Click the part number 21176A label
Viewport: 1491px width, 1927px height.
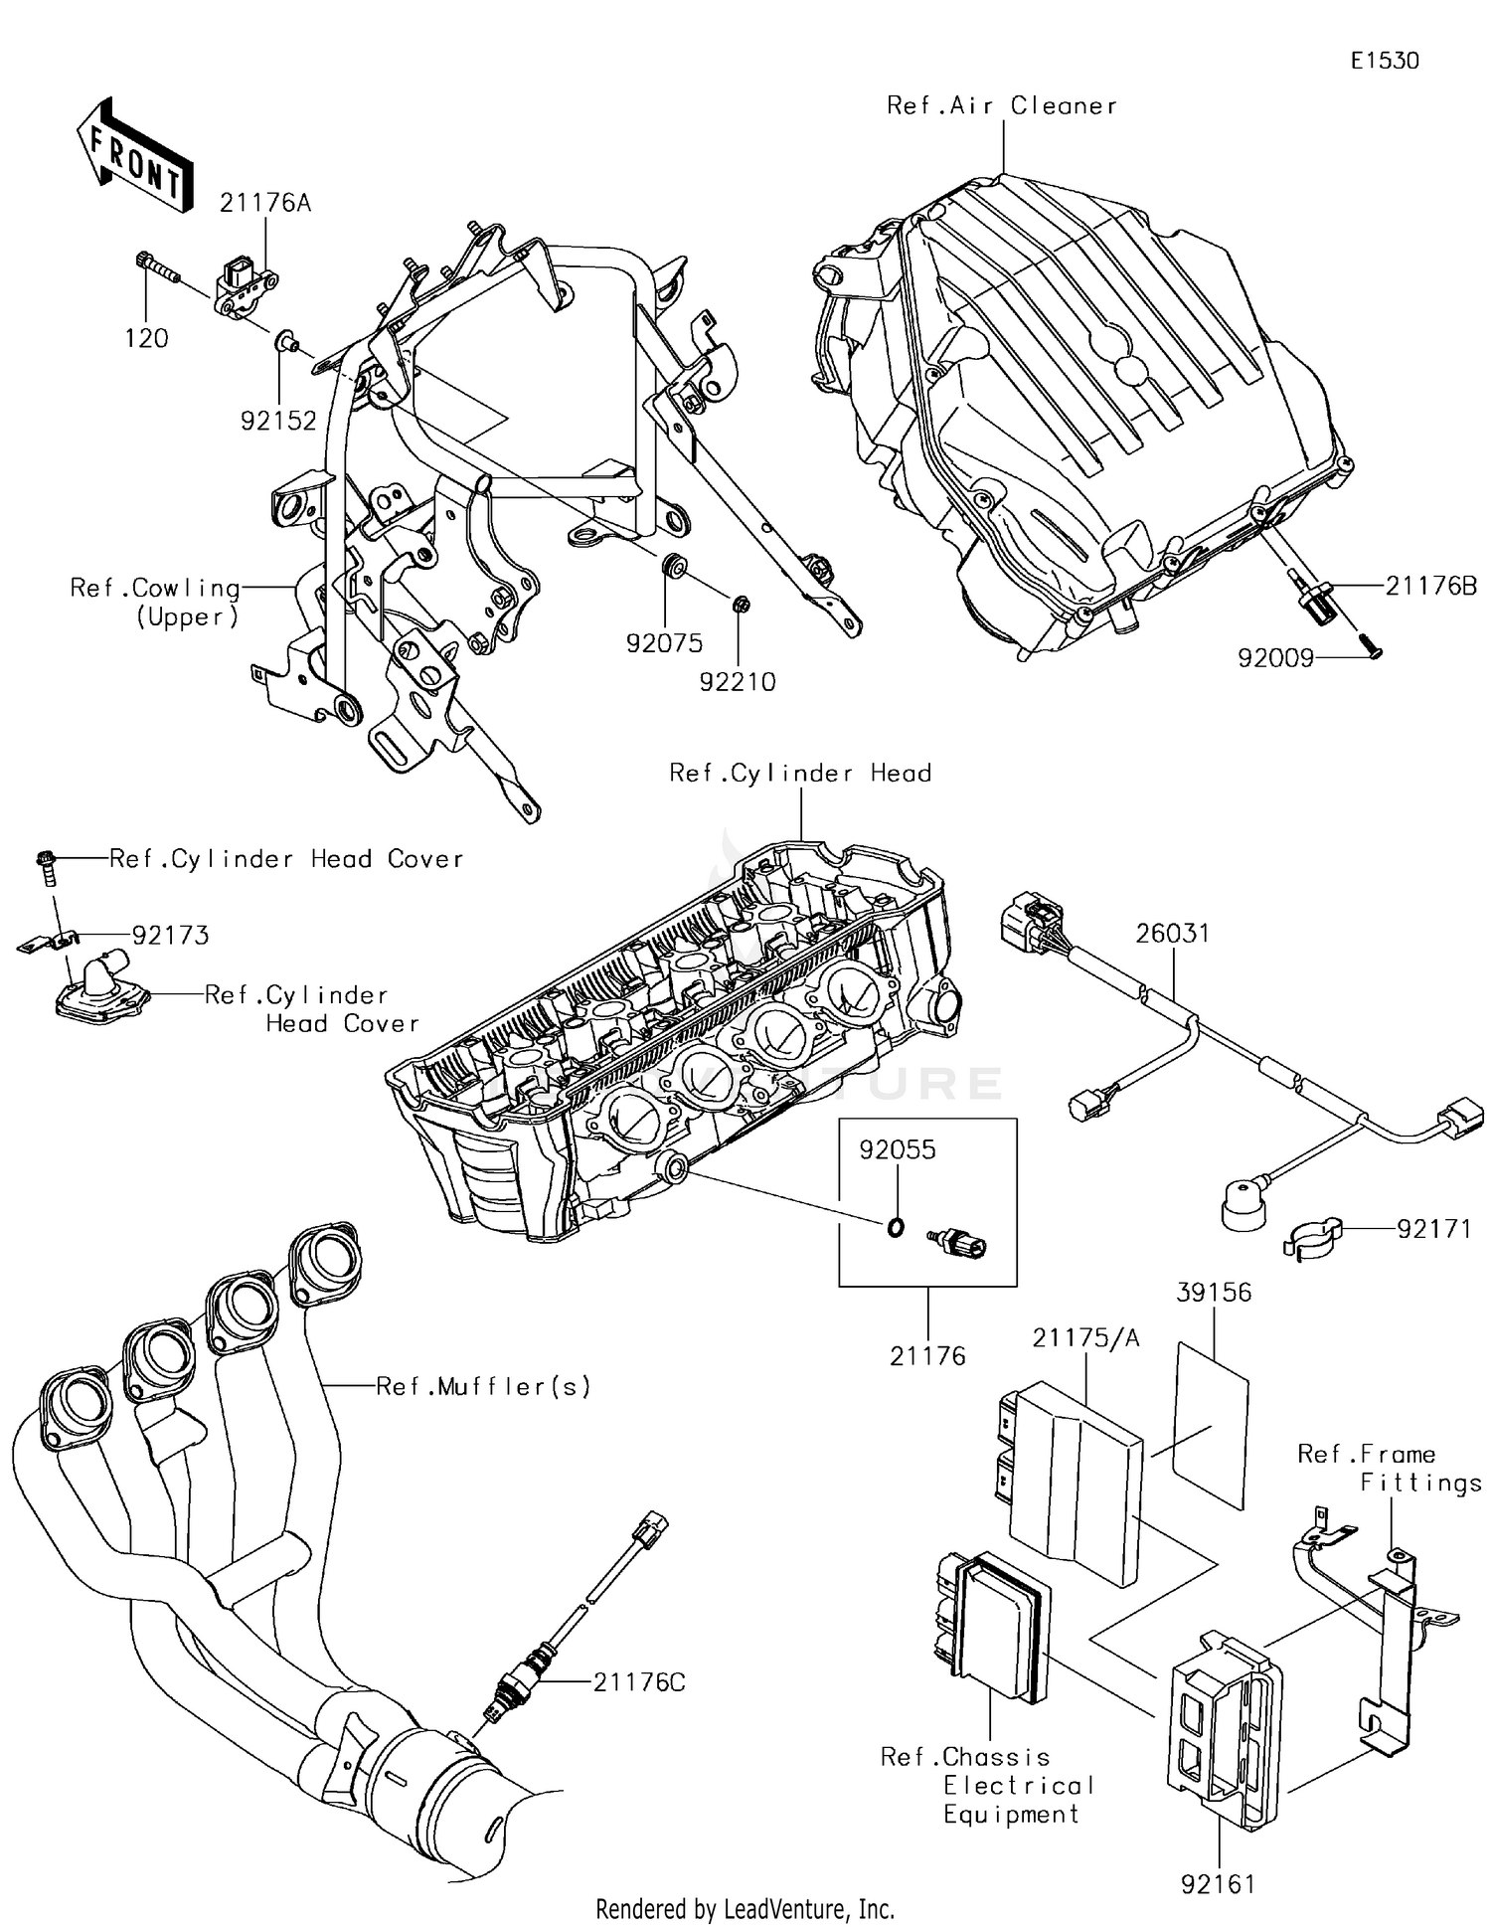(264, 203)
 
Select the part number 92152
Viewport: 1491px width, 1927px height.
(278, 421)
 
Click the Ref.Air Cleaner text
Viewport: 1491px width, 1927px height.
(1001, 105)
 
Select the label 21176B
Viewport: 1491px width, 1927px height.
(1430, 586)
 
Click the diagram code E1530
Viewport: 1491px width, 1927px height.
(1384, 61)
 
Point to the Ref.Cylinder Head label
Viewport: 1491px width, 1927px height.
(800, 773)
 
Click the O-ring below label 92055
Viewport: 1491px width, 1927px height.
(896, 1228)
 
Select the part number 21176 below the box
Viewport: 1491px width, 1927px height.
(926, 1355)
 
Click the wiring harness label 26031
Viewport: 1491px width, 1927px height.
(1173, 933)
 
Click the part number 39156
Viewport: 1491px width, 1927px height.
(1213, 1292)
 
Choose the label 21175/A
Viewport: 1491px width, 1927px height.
(1085, 1338)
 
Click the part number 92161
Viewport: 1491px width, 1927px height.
(1218, 1883)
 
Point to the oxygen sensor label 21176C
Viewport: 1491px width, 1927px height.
(639, 1682)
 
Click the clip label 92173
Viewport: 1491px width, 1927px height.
(170, 935)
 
